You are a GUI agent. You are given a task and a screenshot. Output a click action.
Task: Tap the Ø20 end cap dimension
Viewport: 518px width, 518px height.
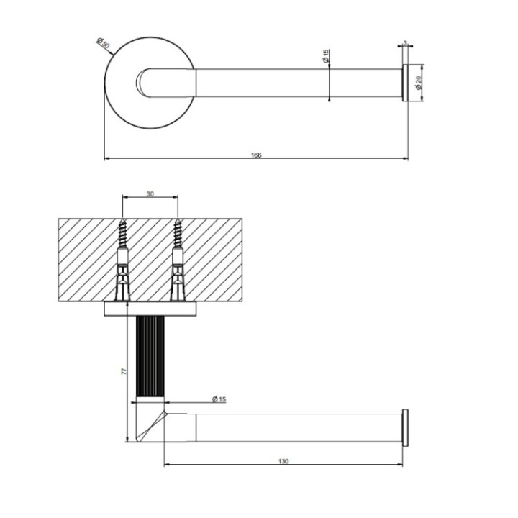419,83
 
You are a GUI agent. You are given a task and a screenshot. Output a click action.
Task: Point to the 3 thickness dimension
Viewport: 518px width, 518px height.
405,44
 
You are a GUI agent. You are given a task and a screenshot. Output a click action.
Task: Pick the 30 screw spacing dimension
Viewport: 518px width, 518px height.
150,193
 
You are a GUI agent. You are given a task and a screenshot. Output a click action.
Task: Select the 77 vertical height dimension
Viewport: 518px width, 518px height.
124,371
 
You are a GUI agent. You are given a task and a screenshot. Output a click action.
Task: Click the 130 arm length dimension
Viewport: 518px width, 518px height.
283,461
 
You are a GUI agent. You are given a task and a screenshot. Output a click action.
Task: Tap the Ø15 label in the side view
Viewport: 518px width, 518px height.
219,399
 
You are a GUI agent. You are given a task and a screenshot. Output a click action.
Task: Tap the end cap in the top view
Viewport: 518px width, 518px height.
405,83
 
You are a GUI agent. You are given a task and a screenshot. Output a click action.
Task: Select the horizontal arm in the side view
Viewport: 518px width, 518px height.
295,427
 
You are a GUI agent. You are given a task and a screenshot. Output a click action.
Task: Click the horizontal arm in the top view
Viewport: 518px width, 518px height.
295,83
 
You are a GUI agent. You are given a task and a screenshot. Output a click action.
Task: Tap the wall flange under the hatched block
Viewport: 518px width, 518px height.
150,310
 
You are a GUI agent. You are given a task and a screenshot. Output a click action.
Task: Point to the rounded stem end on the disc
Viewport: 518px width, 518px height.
147,81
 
